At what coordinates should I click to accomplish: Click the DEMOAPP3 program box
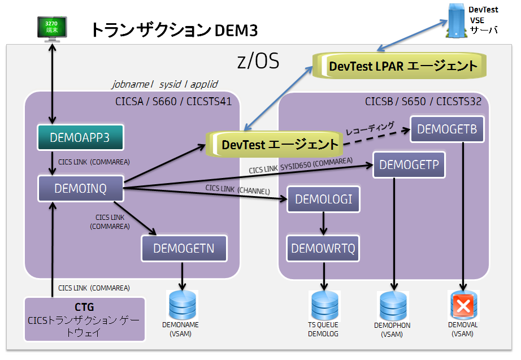pos(80,137)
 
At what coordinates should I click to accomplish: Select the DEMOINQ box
pos(80,188)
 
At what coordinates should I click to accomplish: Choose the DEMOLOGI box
pos(323,199)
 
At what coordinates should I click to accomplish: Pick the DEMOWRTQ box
pos(323,249)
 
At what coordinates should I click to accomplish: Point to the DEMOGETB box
pos(447,129)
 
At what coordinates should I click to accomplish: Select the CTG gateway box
pos(84,319)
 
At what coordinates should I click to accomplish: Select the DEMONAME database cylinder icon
pos(183,305)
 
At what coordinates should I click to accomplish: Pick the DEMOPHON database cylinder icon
pos(392,306)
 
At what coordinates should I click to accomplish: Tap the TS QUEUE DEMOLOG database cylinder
pos(323,305)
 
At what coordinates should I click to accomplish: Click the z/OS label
pos(258,61)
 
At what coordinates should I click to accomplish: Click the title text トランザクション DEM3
pos(175,30)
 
